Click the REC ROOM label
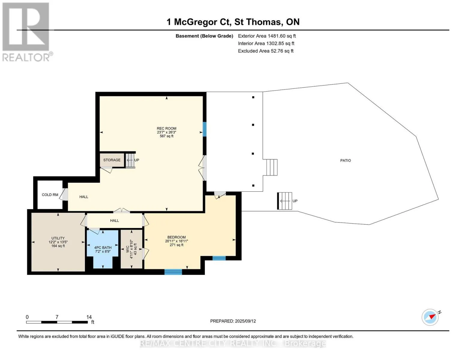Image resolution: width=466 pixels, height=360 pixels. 167,128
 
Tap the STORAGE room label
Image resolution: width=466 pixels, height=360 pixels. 112,160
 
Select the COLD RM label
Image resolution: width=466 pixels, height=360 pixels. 50,195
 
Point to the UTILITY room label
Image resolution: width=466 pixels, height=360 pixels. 58,238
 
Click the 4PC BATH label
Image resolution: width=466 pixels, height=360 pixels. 103,247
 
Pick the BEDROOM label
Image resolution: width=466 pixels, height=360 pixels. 176,237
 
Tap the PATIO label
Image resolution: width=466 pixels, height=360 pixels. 345,160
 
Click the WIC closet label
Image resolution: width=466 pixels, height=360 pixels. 128,249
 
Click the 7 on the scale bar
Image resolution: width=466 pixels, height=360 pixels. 57,317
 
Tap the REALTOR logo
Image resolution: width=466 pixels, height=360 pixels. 27,32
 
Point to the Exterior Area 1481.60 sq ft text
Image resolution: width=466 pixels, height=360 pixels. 267,36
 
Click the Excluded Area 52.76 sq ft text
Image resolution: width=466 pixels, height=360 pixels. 266,51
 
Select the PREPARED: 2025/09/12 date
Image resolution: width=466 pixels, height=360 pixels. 233,321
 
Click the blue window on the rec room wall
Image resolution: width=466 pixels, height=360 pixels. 204,129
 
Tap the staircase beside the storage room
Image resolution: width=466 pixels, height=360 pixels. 130,160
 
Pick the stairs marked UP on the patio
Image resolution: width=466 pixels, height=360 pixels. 284,201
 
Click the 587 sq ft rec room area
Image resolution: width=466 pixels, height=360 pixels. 167,136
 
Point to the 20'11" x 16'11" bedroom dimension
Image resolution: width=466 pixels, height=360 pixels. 176,241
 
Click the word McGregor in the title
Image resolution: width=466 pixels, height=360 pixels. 195,22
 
